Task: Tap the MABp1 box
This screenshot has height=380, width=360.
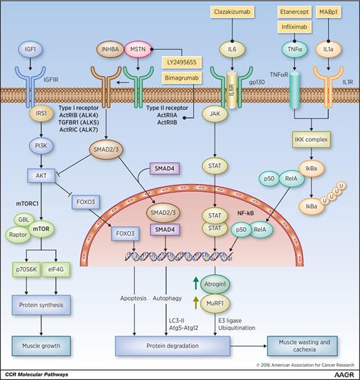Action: click(331, 13)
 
